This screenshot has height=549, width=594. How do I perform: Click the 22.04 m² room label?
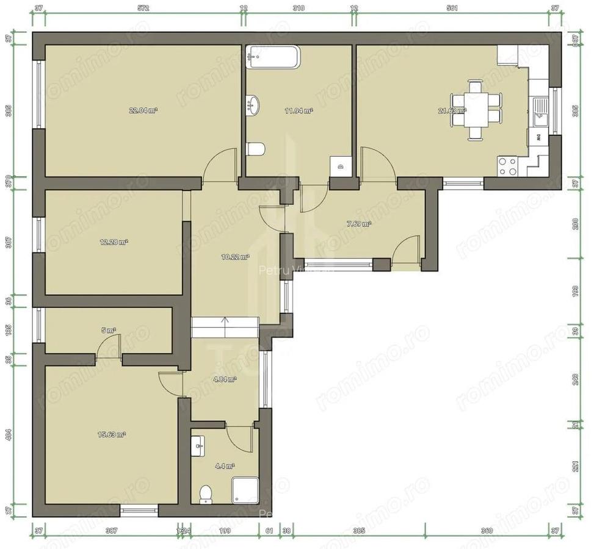point(143,110)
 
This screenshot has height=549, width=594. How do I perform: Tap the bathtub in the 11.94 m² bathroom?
point(273,57)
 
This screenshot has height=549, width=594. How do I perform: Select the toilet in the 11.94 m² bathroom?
point(256,148)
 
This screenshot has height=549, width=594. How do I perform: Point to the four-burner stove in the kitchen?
point(508,166)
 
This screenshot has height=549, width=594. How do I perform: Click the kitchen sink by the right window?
point(540,112)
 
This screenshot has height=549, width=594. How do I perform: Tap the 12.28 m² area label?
point(114,242)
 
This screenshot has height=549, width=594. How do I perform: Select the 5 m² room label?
point(109,330)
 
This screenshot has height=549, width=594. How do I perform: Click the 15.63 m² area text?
point(112,434)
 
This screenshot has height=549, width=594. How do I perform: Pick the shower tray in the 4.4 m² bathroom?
point(245,490)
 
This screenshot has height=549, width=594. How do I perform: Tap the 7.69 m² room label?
point(359,224)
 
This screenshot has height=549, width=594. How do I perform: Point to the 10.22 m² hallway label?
point(235,257)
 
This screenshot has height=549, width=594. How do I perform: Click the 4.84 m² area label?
point(224,379)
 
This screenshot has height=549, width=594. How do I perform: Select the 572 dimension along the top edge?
point(143,8)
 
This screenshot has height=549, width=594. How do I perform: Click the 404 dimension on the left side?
point(8,435)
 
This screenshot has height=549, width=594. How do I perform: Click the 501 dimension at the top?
point(452,8)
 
